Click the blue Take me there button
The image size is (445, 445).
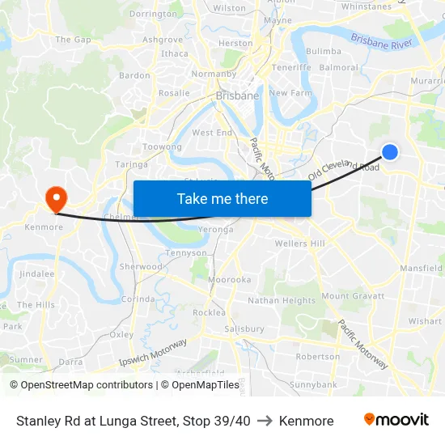pyautogui.click(x=222, y=198)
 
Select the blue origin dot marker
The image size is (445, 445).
pyautogui.click(x=390, y=151)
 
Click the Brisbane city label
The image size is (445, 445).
pyautogui.click(x=237, y=95)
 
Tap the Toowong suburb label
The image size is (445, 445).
pyautogui.click(x=162, y=147)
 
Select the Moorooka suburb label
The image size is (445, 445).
pyautogui.click(x=230, y=279)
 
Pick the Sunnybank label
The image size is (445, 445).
pyautogui.click(x=313, y=384)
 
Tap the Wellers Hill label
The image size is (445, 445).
pyautogui.click(x=299, y=244)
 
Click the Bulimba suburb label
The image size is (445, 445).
pyautogui.click(x=324, y=51)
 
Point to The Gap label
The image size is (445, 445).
pyautogui.click(x=73, y=40)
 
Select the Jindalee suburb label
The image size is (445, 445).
pyautogui.click(x=36, y=274)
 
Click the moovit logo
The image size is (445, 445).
pyautogui.click(x=396, y=420)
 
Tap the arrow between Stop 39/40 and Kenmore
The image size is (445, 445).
pyautogui.click(x=264, y=421)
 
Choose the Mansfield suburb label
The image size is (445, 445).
pyautogui.click(x=421, y=268)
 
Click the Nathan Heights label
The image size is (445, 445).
pyautogui.click(x=282, y=301)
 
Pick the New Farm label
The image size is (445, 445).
pyautogui.click(x=290, y=93)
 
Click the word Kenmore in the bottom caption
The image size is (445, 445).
pyautogui.click(x=306, y=421)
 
